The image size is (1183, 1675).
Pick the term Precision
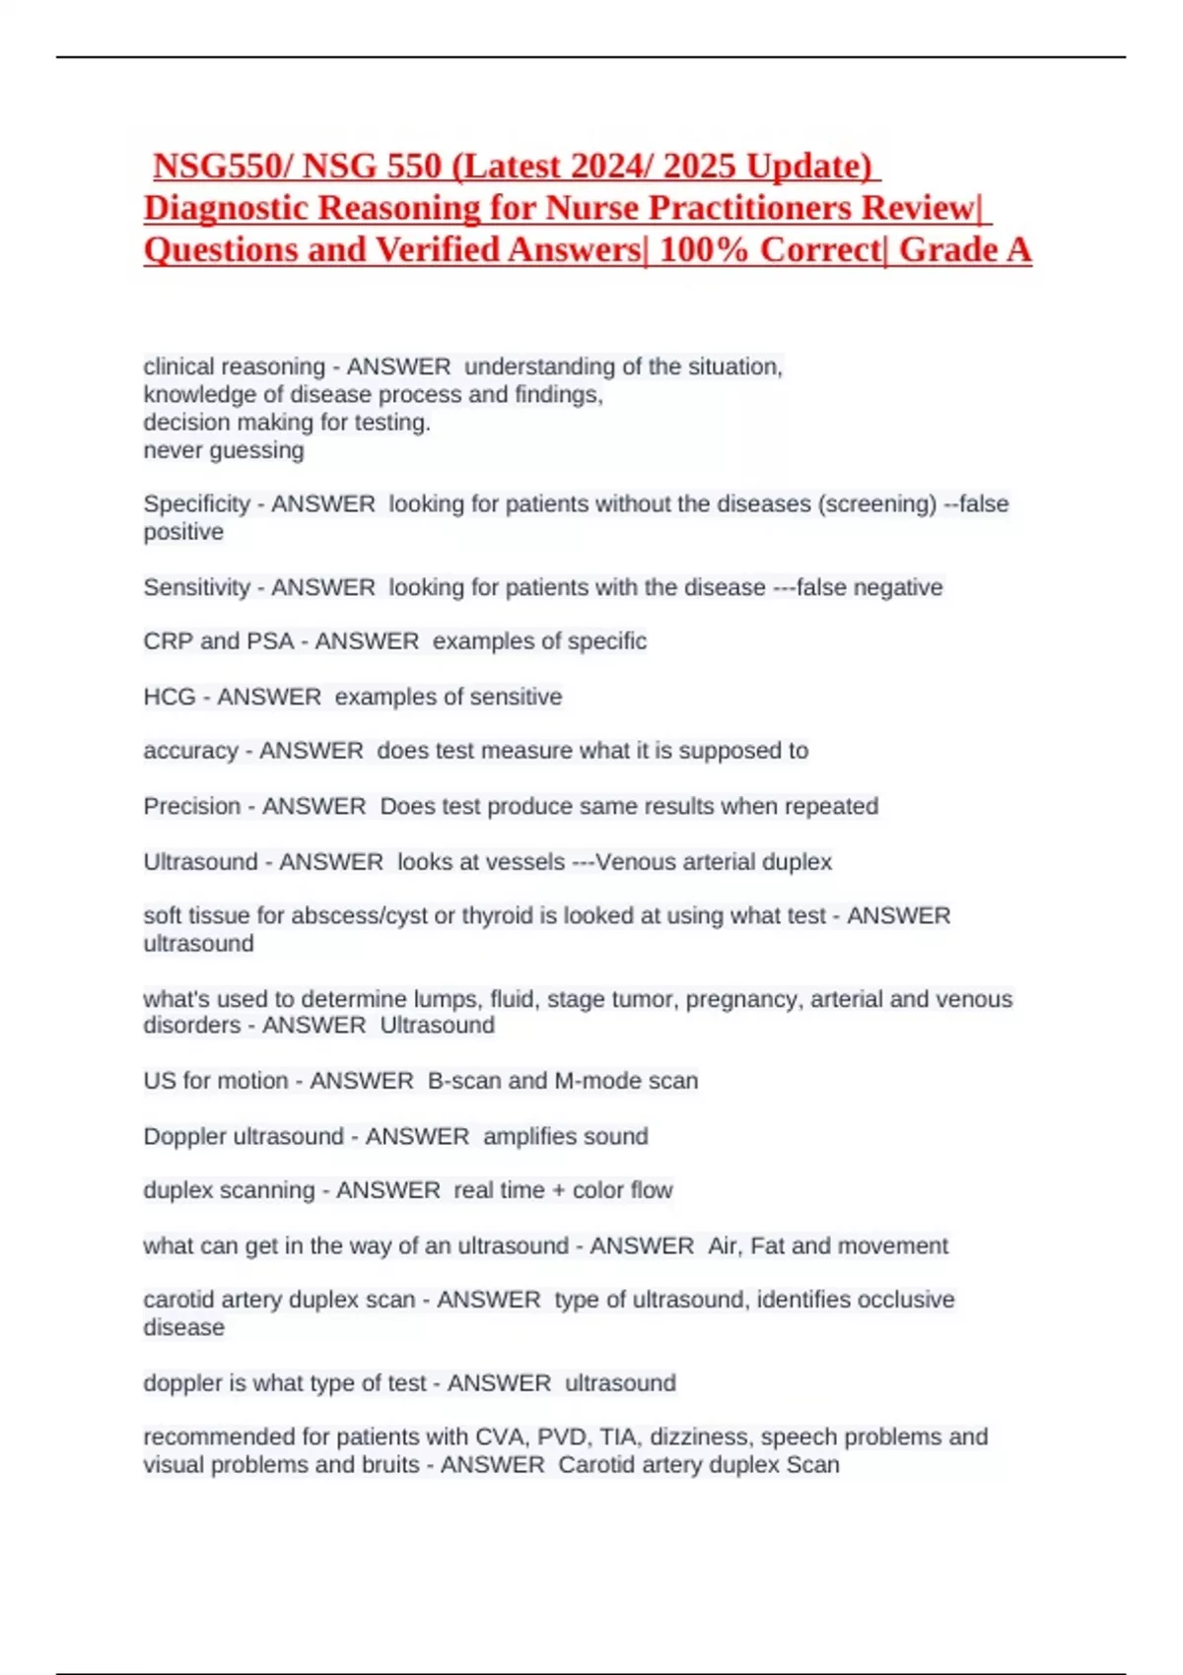pyautogui.click(x=192, y=807)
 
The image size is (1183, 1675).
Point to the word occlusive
pyautogui.click(x=905, y=1301)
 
